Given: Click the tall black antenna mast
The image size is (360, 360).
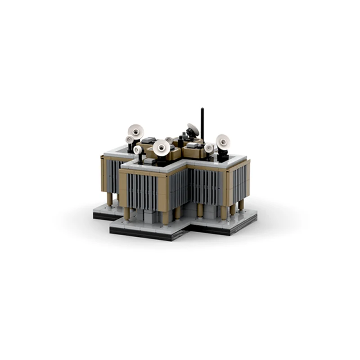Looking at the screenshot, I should tap(202, 124).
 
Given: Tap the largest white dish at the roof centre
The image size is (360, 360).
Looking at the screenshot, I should tap(161, 147).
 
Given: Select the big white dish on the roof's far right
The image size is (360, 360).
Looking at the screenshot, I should tap(222, 142).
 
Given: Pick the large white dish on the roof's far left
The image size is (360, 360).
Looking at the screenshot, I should tap(136, 131).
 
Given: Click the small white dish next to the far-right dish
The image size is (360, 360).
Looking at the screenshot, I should tap(209, 148).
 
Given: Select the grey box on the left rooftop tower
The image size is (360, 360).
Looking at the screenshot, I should tap(150, 140).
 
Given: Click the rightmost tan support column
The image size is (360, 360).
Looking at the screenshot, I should tap(241, 205).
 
